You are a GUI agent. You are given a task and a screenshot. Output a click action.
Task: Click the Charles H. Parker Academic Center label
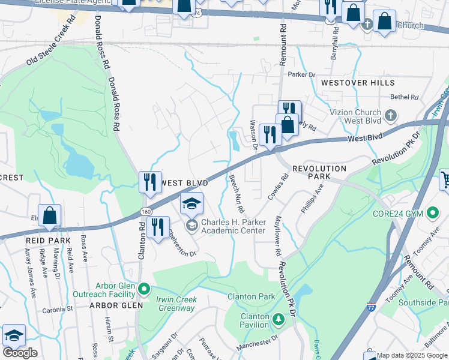click(x=233, y=226)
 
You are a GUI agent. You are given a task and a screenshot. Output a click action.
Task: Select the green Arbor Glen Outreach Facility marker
click(x=143, y=290)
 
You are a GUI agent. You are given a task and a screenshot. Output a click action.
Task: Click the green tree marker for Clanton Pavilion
click(x=277, y=318)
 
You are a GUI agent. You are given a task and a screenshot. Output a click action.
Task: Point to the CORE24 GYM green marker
click(x=432, y=213)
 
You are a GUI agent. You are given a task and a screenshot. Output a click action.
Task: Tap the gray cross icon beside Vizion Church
click(x=390, y=115)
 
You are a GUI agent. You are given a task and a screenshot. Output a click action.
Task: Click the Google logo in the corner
click(x=20, y=353)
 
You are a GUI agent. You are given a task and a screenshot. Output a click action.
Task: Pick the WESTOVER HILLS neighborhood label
click(x=351, y=82)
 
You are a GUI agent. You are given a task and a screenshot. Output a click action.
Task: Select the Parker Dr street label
click(x=301, y=74)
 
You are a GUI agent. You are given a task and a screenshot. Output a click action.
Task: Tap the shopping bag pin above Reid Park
click(x=49, y=215)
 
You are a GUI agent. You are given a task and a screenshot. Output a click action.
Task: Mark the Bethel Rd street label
click(x=403, y=97)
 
